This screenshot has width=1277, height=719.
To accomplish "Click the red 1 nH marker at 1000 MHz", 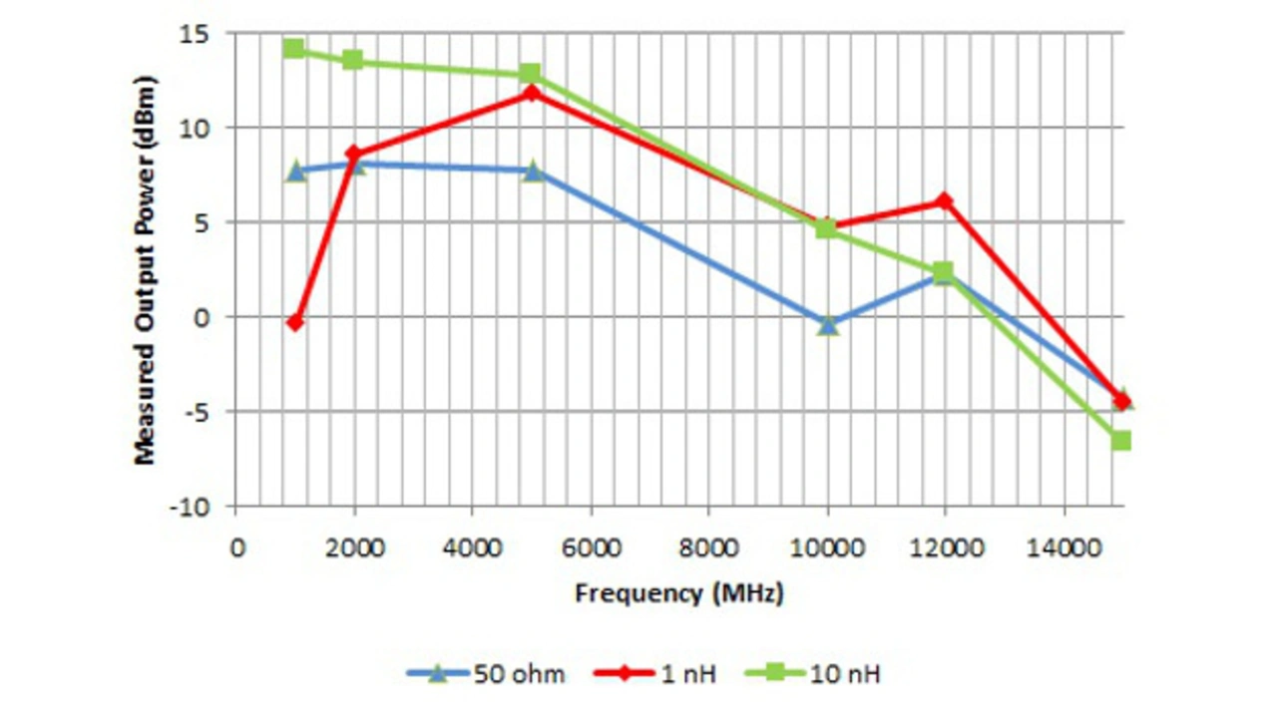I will click(294, 322).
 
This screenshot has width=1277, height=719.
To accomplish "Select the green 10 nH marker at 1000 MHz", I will click(293, 49).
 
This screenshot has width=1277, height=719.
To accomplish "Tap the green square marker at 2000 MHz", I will click(353, 60).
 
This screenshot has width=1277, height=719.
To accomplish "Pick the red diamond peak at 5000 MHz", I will click(532, 93).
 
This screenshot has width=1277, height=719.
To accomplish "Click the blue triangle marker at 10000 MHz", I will click(828, 324).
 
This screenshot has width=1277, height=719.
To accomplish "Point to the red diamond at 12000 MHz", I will click(944, 201).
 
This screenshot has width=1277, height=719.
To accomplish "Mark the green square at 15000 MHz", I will click(1121, 440).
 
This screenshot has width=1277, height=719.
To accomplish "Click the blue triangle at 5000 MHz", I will click(533, 171).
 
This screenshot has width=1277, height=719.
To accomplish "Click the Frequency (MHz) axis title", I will click(679, 593).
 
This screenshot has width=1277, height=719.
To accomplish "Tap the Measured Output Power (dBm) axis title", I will click(146, 269).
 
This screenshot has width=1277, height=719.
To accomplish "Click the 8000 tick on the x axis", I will click(709, 547).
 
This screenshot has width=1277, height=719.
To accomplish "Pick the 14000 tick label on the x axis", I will click(1063, 547).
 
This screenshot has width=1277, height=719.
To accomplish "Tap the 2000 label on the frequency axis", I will click(353, 547).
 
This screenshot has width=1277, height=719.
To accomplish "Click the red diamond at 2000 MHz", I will click(352, 154).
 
